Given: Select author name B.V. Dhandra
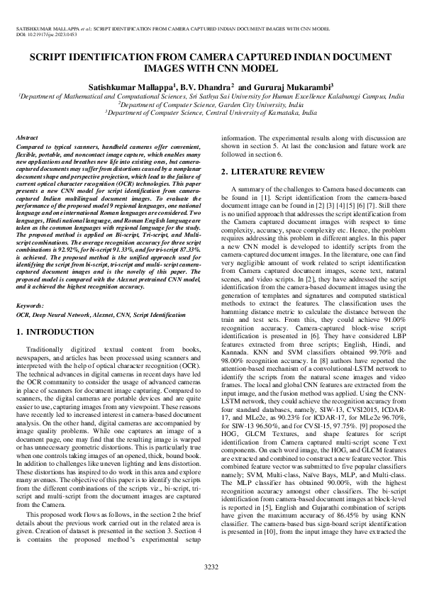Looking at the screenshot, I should (x=202, y=86).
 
